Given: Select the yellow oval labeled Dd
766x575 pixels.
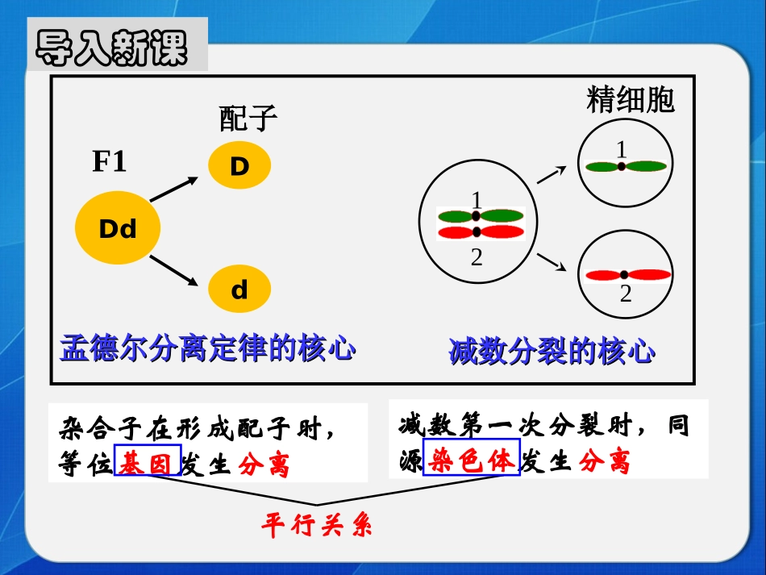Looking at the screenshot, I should click(x=118, y=229).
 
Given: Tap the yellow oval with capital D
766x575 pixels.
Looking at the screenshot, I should click(x=239, y=167).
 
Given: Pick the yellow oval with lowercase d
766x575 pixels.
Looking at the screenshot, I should click(x=239, y=290).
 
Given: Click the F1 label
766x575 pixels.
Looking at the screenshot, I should click(x=110, y=162).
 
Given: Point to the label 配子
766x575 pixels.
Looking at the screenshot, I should click(x=248, y=119).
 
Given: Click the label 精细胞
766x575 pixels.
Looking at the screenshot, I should click(x=631, y=100).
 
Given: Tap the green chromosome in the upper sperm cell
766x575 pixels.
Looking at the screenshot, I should click(x=626, y=166).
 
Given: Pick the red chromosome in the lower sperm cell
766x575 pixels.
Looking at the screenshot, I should click(x=628, y=274).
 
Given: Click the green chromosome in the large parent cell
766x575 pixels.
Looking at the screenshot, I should click(x=481, y=216).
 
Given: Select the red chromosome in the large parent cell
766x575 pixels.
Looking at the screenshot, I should click(x=481, y=232).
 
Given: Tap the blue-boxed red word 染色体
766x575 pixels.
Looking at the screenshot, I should click(x=472, y=460).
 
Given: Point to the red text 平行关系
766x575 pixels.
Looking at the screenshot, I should click(x=316, y=527).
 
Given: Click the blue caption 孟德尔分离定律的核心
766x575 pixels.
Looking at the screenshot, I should click(x=208, y=350).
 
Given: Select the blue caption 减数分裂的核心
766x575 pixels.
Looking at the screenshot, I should click(x=552, y=352).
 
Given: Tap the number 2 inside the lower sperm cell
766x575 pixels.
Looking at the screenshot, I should click(x=626, y=294).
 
